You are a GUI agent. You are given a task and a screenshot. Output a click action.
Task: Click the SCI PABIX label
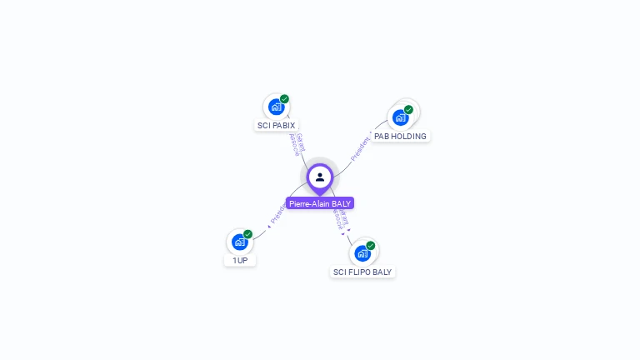pos(276,126)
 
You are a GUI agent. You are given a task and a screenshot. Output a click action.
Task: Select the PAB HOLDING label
pos(400,136)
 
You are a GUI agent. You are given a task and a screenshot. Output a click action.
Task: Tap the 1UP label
pos(240,260)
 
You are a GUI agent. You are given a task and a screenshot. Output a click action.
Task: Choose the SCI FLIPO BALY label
pos(362,272)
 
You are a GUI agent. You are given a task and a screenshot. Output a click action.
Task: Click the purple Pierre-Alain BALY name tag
pos(320,203)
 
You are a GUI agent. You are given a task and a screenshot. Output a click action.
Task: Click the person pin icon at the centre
pos(320,177)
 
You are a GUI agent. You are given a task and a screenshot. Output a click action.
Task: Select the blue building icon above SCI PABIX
pos(277,107)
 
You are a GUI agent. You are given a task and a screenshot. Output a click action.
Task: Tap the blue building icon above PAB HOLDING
pos(400,117)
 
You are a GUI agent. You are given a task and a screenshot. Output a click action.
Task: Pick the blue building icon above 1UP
pos(240,242)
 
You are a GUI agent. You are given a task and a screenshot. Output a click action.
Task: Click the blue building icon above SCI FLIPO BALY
pos(362,253)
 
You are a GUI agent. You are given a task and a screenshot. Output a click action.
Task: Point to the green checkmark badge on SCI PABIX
pos(284,99)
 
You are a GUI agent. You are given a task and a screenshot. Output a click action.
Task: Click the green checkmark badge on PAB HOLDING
pos(408,109)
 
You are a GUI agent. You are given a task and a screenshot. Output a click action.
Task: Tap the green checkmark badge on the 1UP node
pos(247,234)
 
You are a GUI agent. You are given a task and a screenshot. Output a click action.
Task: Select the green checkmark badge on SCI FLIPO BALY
pos(370,246)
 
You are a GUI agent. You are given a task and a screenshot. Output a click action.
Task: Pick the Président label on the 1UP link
pos(277,214)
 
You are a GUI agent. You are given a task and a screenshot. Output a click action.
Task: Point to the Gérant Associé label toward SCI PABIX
pos(296,144)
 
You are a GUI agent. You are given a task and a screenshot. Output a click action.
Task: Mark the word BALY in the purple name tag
pos(342,203)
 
